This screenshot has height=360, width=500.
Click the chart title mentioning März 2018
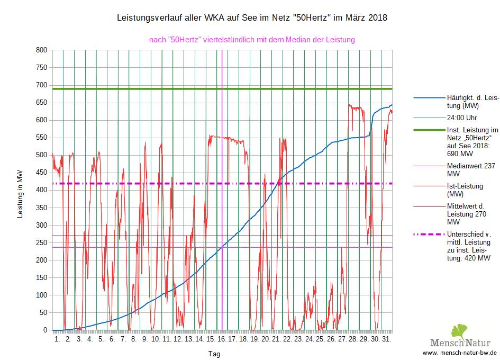click(251, 18)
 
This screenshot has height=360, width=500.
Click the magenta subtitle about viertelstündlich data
click(252, 39)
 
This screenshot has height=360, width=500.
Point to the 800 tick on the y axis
click(41, 50)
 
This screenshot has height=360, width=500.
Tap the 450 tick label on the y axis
click(41, 173)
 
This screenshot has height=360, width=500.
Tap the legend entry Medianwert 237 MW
click(470, 169)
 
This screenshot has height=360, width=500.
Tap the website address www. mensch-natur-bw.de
click(459, 353)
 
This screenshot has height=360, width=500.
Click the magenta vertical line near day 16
click(222, 159)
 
